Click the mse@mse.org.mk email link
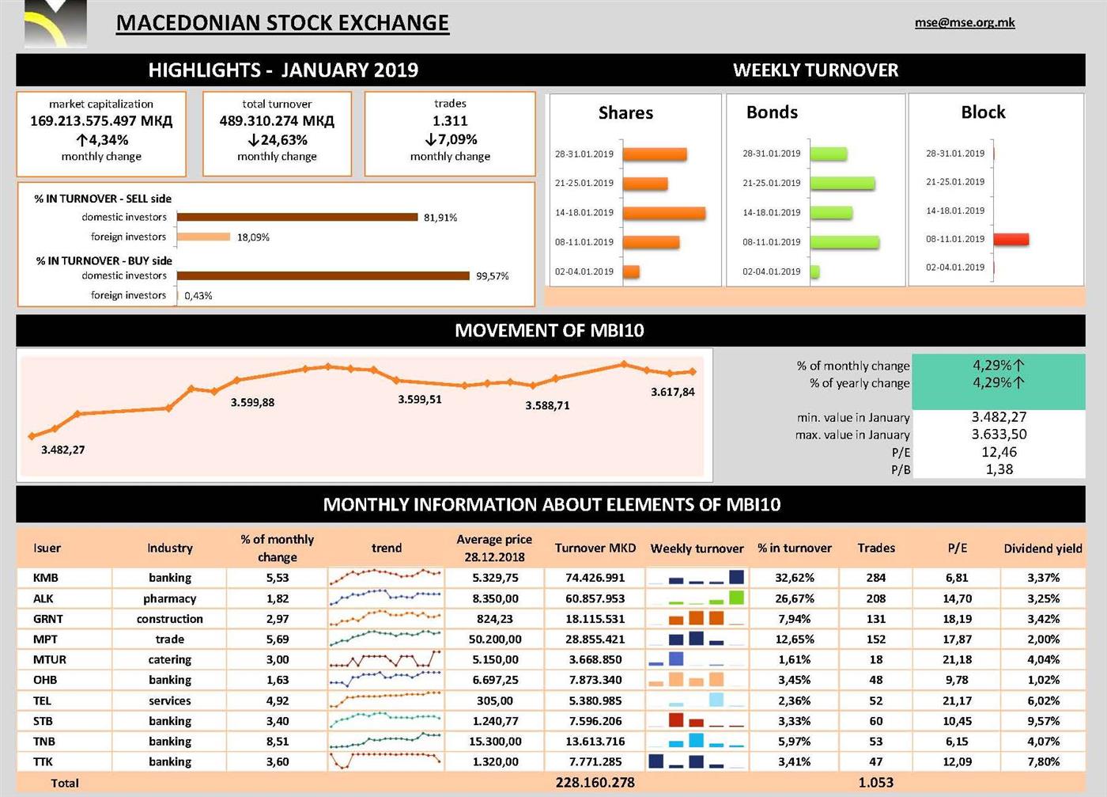click(965, 23)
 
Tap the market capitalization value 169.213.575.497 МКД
click(101, 121)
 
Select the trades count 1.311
click(450, 121)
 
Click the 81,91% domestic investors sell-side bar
click(297, 217)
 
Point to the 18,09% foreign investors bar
click(203, 237)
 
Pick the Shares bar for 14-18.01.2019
click(663, 213)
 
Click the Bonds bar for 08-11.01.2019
click(844, 242)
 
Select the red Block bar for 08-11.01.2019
click(1011, 239)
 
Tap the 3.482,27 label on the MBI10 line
click(63, 450)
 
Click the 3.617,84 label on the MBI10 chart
click(673, 392)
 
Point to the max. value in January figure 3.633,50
click(999, 435)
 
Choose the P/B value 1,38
click(999, 469)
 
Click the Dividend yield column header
click(1042, 548)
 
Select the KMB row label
click(46, 578)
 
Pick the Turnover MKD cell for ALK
click(595, 598)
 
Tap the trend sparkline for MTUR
click(385, 659)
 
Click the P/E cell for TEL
click(957, 700)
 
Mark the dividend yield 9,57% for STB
click(1043, 721)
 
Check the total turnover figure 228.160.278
click(595, 783)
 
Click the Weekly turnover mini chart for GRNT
click(697, 618)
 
